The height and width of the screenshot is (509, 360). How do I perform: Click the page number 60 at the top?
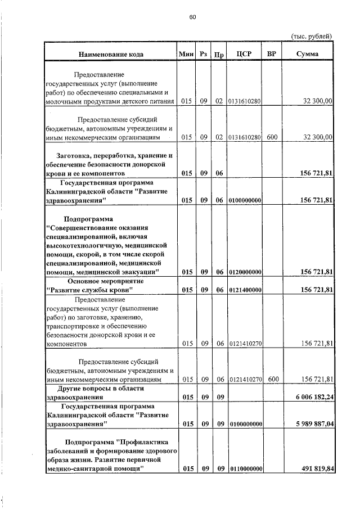(192, 17)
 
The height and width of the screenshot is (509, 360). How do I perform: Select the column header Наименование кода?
(111, 54)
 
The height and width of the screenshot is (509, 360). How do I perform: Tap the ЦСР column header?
(245, 54)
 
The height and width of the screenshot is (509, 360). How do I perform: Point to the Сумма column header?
(307, 54)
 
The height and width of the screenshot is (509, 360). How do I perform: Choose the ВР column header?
(272, 54)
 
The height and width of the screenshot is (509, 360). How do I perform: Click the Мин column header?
(186, 54)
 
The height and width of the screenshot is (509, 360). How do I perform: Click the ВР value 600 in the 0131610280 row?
(272, 137)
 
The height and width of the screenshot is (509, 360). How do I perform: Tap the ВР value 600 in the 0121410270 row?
(272, 380)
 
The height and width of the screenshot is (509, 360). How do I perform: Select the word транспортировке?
(71, 325)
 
